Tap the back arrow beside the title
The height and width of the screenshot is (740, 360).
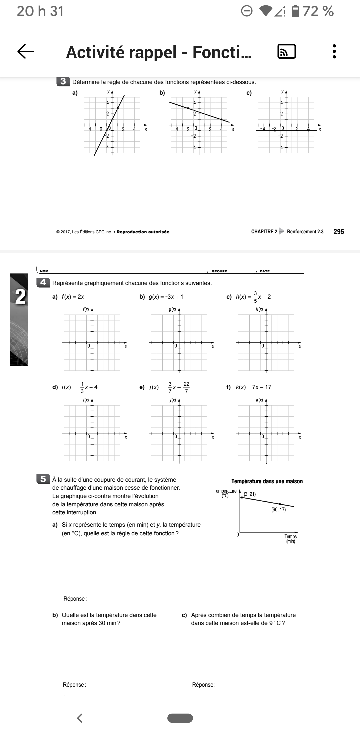tap(26, 52)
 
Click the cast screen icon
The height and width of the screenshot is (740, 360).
tap(286, 52)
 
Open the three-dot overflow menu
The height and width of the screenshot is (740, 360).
tap(334, 52)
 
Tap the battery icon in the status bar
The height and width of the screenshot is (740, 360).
tap(295, 11)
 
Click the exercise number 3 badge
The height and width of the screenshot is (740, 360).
tap(63, 81)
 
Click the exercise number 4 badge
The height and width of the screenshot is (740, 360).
tap(43, 282)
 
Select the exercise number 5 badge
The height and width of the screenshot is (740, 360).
tap(43, 479)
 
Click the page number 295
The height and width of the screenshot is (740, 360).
tap(339, 232)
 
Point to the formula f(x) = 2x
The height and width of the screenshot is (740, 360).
tap(73, 297)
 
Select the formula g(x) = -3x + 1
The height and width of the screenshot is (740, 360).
tap(166, 297)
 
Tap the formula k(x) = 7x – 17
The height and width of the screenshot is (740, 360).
tap(253, 387)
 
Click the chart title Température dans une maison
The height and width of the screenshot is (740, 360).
tap(267, 481)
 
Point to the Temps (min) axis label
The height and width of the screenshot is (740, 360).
tap(290, 539)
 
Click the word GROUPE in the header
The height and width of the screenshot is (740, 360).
tap(219, 271)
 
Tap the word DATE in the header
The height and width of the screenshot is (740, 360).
tap(265, 271)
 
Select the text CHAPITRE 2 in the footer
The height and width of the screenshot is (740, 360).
tap(264, 232)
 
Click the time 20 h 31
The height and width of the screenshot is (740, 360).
tap(40, 11)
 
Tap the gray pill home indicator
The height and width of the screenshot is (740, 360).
tap(180, 718)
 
